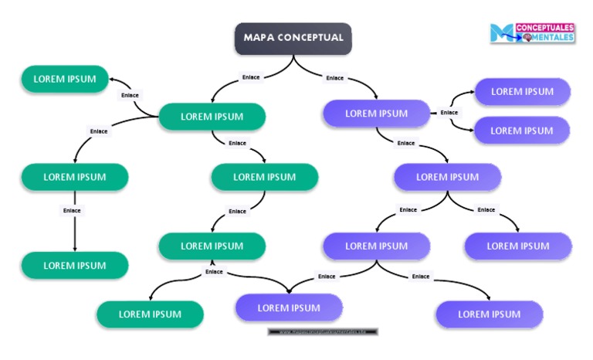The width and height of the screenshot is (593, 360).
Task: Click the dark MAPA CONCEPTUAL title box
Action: point(293,38)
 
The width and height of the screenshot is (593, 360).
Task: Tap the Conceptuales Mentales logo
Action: point(532,32)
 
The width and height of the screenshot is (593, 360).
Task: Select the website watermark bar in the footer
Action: point(324,331)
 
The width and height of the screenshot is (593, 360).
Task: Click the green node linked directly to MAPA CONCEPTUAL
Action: point(212,117)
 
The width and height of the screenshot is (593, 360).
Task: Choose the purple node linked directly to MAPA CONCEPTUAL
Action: point(376,114)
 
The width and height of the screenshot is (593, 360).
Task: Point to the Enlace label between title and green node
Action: point(251,77)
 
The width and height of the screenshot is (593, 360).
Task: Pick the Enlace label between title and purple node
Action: point(335,78)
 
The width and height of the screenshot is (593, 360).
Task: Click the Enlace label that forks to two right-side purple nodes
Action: point(449,113)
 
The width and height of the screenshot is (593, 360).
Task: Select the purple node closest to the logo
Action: point(522,92)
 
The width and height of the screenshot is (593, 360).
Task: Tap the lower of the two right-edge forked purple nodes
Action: point(522,131)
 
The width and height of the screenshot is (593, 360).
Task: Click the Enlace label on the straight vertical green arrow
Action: point(72,210)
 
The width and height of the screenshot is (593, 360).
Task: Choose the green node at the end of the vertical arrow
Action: point(74,265)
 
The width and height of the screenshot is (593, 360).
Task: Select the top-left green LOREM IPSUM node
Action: point(65,79)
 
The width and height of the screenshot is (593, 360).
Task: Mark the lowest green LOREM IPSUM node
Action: point(150,314)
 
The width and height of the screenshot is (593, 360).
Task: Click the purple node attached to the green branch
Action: point(289,307)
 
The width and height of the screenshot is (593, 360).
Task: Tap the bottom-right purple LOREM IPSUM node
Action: point(489,314)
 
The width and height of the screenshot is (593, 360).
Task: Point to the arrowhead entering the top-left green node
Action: point(113,80)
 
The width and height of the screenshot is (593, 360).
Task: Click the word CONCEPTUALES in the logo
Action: point(544,27)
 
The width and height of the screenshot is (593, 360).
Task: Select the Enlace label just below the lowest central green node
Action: point(214,272)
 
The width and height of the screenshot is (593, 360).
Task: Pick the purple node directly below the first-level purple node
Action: point(447,177)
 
